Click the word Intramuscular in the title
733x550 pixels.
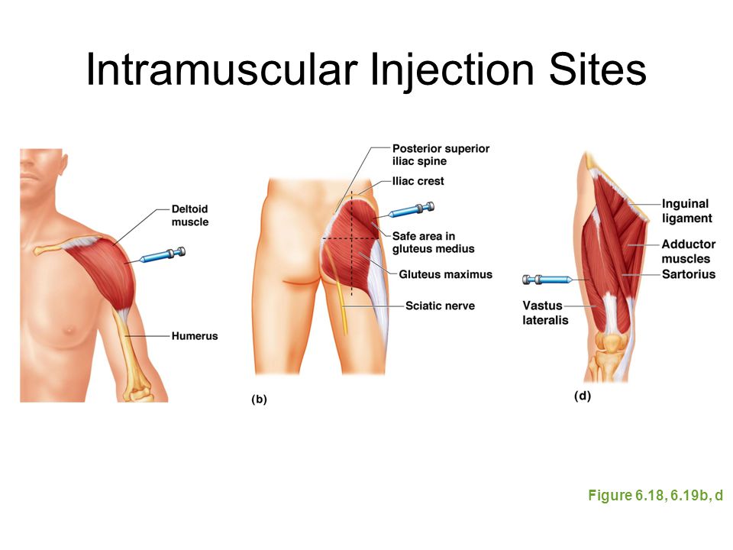coord(221,69)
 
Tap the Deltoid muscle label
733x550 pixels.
coord(190,215)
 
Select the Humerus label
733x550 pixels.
coord(195,336)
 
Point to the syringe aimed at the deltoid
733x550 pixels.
coord(162,255)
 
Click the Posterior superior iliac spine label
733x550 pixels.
coord(441,154)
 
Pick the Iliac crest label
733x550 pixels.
coord(418,181)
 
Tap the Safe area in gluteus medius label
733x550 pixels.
coord(433,242)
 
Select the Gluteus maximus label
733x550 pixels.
coord(445,274)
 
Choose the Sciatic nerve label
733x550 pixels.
coord(440,306)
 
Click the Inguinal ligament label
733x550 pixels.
coord(686,211)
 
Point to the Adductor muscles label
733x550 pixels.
coord(688,251)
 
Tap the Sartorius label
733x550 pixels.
coord(688,274)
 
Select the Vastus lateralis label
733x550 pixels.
coord(545,312)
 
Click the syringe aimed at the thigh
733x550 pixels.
coord(547,280)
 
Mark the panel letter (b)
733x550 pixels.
coord(259,399)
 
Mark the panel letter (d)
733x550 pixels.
coord(583,396)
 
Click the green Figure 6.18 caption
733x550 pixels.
coord(655,495)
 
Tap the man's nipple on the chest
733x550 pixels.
coord(70,330)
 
